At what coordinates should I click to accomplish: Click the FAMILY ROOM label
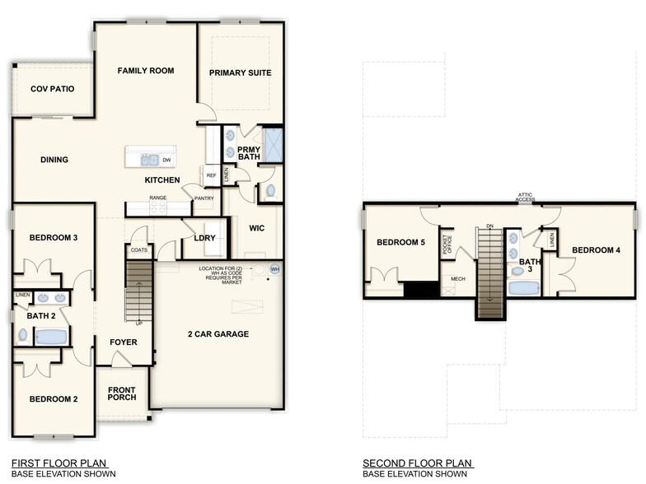coord(145,71)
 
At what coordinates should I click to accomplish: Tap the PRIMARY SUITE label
coord(240,73)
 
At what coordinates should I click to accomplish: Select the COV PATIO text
coord(52,89)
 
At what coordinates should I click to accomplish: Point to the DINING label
coord(54,160)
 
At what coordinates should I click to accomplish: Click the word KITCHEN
coord(162,179)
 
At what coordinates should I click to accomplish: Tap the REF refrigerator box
coord(211,175)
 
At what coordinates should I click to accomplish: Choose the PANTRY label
coord(204,198)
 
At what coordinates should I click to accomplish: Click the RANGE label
coord(158,198)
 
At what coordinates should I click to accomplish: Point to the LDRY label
coord(204,238)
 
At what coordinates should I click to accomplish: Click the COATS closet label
coord(138,249)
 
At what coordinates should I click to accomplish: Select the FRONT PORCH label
coord(121,393)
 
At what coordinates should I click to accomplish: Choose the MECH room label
coord(457,279)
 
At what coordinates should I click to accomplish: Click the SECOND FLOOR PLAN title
coord(417,463)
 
